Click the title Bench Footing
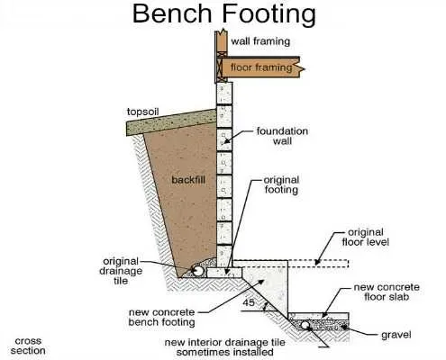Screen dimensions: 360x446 point(223,14)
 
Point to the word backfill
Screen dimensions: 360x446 point(189,180)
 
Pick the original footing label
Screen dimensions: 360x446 point(280,184)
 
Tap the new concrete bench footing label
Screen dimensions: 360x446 point(168,317)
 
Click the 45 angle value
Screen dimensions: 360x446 point(249,302)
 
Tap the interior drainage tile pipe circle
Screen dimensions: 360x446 point(307,325)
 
